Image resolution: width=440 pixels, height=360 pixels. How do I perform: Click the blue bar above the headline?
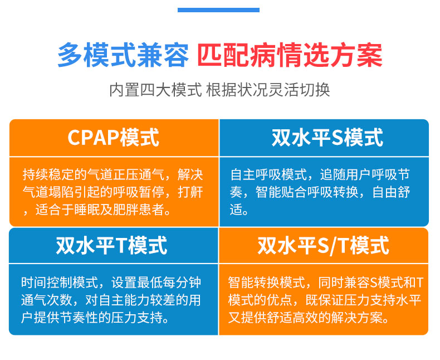pos(218,10)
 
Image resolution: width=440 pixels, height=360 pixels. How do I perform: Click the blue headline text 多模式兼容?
pos(123,55)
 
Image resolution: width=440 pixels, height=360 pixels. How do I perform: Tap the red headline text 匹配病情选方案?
pos(290,55)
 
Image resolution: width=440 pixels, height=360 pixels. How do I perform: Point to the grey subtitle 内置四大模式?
pos(155,90)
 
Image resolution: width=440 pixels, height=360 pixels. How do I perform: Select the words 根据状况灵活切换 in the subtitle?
pos(268,90)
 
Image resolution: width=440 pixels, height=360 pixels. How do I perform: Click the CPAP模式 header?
pos(114,137)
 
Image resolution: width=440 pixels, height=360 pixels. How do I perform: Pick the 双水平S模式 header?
pos(327,137)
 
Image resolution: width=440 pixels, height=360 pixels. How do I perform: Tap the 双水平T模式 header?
pos(112,245)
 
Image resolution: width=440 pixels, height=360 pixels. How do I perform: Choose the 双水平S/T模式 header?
pos(323,245)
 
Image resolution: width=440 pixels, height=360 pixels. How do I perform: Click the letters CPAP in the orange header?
pos(94,137)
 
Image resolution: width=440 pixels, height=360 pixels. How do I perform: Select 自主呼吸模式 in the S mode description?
pos(268,174)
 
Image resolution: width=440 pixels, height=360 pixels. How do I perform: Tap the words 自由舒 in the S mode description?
pos(391,192)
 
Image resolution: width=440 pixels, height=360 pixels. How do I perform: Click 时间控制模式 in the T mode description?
pos(60,283)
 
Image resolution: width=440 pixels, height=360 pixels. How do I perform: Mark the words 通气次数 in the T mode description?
pos(47,300)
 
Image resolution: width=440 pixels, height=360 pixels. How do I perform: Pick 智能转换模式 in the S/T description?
pos(267,283)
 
